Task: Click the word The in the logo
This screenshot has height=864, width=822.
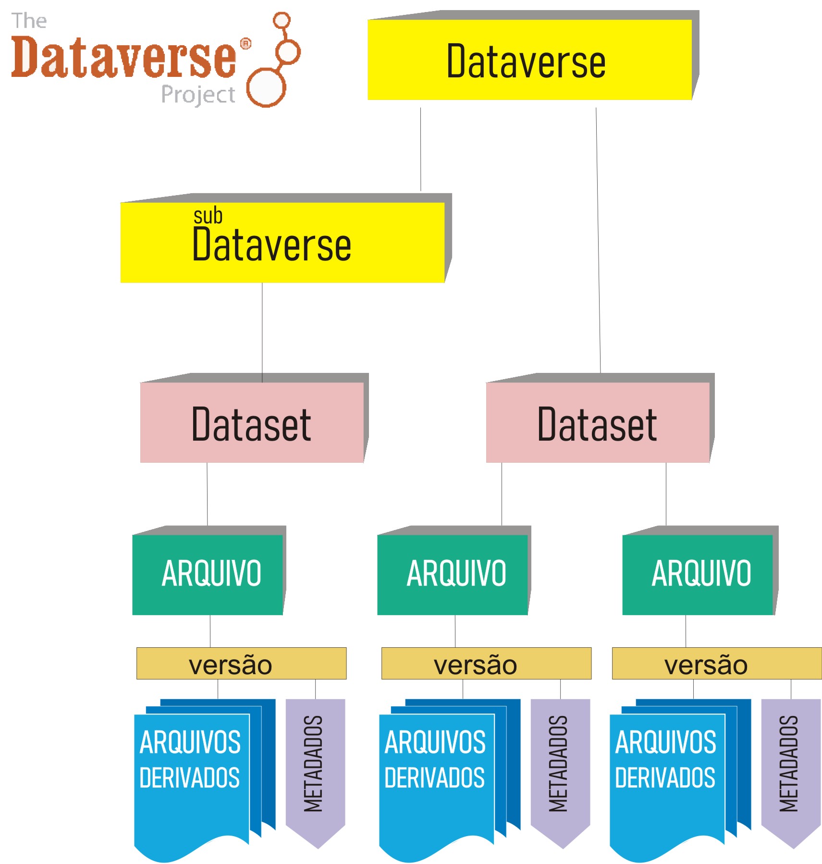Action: [29, 21]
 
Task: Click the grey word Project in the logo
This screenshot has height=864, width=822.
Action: [198, 94]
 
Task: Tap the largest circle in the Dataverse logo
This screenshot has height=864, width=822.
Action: [266, 87]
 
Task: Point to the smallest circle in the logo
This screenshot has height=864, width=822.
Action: [282, 20]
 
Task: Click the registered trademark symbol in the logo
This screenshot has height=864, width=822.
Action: [245, 44]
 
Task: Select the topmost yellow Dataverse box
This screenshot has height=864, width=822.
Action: [529, 60]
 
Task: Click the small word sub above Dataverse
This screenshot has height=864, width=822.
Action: [208, 216]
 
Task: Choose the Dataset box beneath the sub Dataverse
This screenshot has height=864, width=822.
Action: [252, 422]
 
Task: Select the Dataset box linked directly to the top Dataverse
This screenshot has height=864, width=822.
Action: [598, 422]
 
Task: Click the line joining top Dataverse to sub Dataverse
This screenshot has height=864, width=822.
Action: [420, 149]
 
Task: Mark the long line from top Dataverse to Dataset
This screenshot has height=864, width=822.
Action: [598, 240]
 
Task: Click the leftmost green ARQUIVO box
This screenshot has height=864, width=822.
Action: [208, 574]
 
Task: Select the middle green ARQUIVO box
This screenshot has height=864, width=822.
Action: [453, 574]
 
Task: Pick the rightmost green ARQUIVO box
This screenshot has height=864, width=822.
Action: [698, 574]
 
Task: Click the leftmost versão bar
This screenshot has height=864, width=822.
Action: [241, 664]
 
